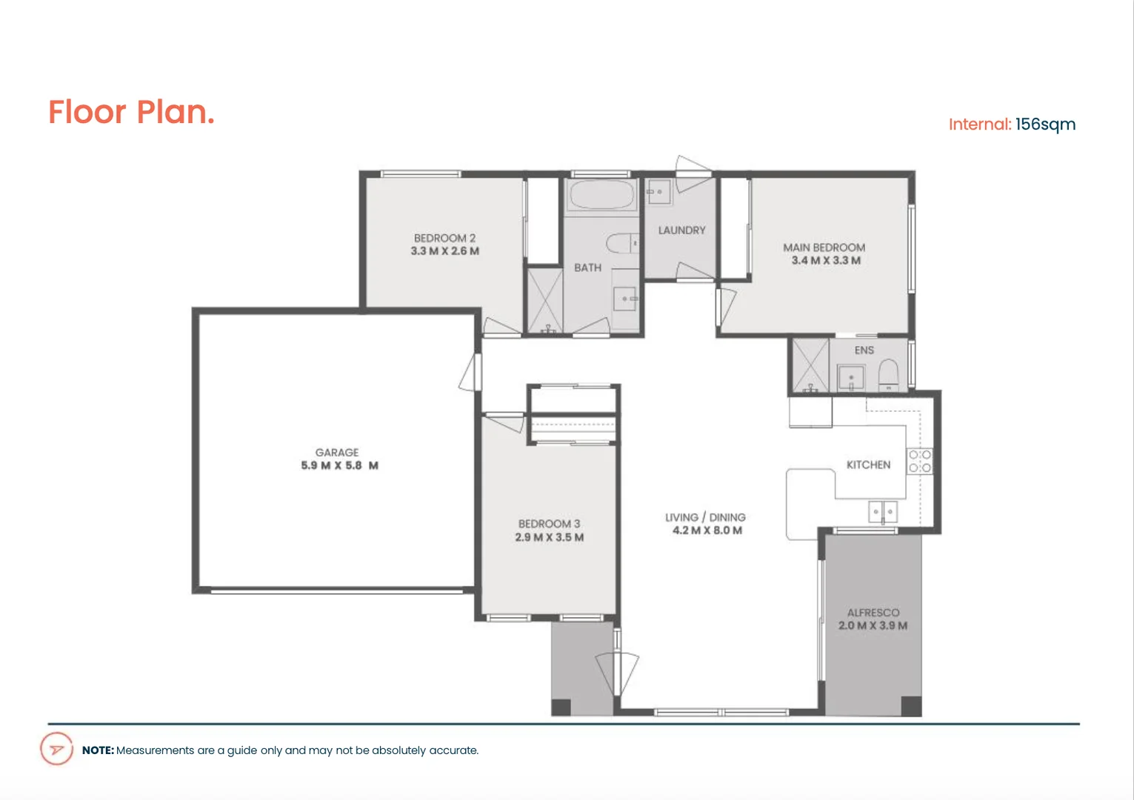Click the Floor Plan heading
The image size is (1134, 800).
pyautogui.click(x=131, y=113)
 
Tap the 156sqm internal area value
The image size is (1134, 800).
pyautogui.click(x=1045, y=124)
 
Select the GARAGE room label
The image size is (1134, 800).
pyautogui.click(x=337, y=453)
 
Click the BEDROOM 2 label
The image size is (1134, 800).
pyautogui.click(x=444, y=239)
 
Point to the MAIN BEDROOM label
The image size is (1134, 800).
pyautogui.click(x=824, y=247)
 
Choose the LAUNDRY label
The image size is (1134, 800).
pyautogui.click(x=681, y=230)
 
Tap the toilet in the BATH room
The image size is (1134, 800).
pyautogui.click(x=621, y=243)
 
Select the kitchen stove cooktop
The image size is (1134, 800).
pyautogui.click(x=919, y=461)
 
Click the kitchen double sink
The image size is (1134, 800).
pyautogui.click(x=882, y=511)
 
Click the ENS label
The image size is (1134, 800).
pyautogui.click(x=864, y=350)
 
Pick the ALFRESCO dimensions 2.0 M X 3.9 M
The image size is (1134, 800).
pyautogui.click(x=873, y=626)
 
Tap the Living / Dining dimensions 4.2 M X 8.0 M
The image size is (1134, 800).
pyautogui.click(x=707, y=530)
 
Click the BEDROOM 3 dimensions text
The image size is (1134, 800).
pyautogui.click(x=549, y=537)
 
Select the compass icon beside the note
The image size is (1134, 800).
pyautogui.click(x=56, y=749)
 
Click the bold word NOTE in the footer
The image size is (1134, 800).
pyautogui.click(x=98, y=750)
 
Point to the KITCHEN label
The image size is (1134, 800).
pyautogui.click(x=868, y=464)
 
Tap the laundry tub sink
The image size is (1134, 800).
pyautogui.click(x=658, y=192)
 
